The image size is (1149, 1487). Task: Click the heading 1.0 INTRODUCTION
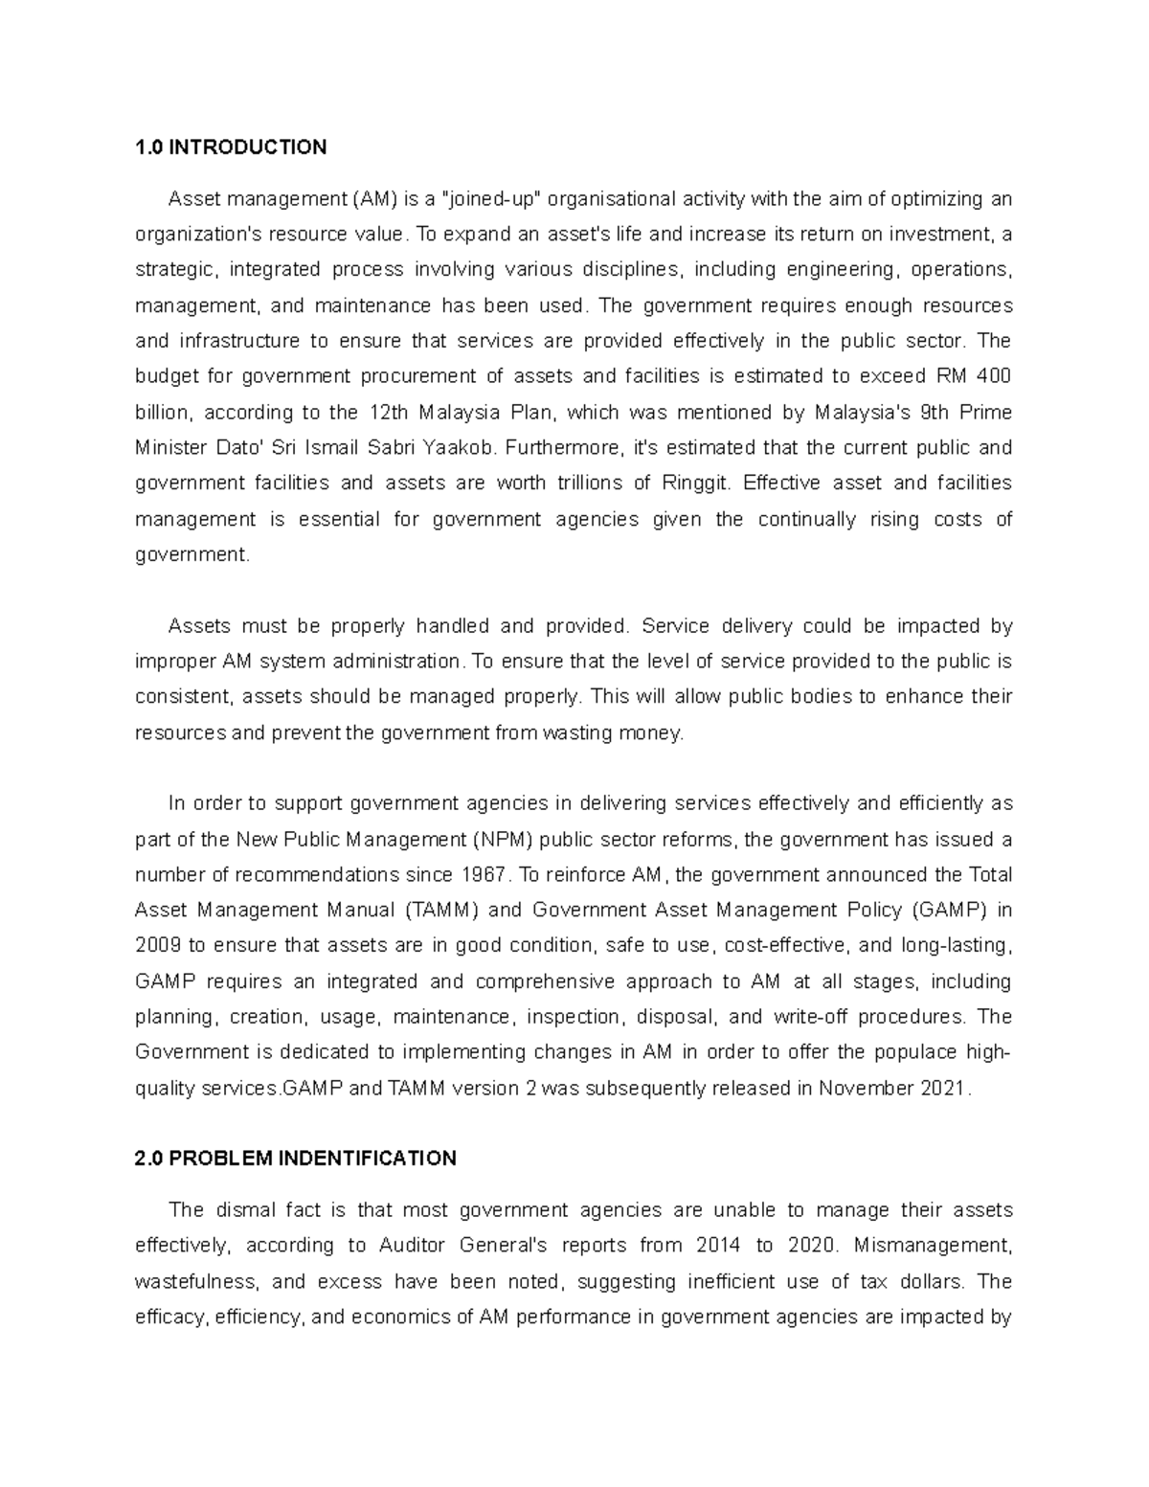pyautogui.click(x=231, y=147)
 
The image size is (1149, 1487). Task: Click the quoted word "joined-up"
pyautogui.click(x=490, y=199)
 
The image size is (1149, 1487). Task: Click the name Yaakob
pyautogui.click(x=457, y=448)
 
